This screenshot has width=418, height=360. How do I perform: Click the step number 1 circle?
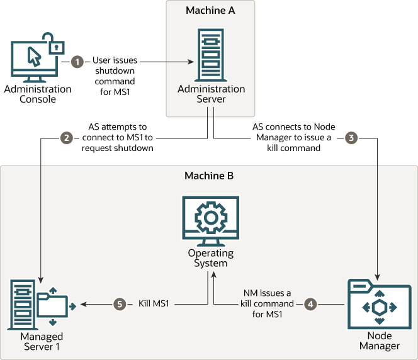pyautogui.click(x=77, y=62)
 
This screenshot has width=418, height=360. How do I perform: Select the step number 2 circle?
pyautogui.click(x=66, y=138)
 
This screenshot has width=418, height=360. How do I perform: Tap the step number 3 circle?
pyautogui.click(x=351, y=138)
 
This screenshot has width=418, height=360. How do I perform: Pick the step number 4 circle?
pyautogui.click(x=310, y=304)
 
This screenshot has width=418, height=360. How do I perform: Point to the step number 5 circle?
pyautogui.click(x=120, y=304)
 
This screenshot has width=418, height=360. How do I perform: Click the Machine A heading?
pyautogui.click(x=210, y=11)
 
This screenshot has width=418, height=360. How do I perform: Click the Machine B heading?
pyautogui.click(x=209, y=176)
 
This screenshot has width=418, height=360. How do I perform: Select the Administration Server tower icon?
pyautogui.click(x=211, y=55)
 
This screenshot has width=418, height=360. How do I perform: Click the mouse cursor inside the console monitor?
pyautogui.click(x=34, y=57)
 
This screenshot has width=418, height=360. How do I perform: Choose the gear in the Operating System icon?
pyautogui.click(x=211, y=218)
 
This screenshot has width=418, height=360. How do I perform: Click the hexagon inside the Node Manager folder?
pyautogui.click(x=380, y=308)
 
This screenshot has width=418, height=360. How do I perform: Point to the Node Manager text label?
pyautogui.click(x=380, y=340)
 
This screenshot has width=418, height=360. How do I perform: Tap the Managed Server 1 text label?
pyautogui.click(x=42, y=341)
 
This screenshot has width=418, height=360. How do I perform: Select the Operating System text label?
pyautogui.click(x=211, y=257)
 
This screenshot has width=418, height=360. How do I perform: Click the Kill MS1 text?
pyautogui.click(x=154, y=303)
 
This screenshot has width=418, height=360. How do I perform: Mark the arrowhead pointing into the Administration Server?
pyautogui.click(x=191, y=62)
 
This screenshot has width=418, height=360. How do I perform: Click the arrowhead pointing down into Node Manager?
pyautogui.click(x=377, y=277)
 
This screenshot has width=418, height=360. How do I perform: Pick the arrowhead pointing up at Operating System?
pyautogui.click(x=213, y=275)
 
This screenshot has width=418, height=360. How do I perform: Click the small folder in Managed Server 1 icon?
pyautogui.click(x=52, y=305)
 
